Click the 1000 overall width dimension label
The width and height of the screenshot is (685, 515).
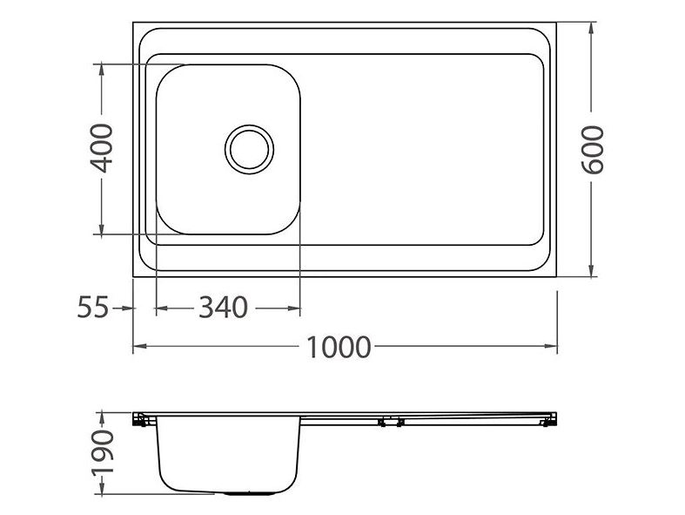point(339,348)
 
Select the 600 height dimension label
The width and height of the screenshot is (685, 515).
point(593,150)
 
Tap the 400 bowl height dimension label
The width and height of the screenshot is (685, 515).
point(101,148)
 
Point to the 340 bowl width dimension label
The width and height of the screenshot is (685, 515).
point(223,308)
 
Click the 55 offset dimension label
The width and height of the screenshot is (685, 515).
point(92,307)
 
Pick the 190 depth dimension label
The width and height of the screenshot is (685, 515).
point(102,452)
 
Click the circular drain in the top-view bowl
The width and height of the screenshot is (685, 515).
point(250,149)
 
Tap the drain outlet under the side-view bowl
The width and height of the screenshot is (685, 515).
point(250,493)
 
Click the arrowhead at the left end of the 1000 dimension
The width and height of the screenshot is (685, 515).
point(139,346)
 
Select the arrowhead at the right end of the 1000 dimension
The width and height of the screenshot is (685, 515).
point(550,346)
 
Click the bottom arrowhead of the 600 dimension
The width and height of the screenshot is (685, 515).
point(591,270)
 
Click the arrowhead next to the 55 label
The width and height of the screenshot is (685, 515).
point(127,308)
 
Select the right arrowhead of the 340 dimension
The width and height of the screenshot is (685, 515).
point(294,308)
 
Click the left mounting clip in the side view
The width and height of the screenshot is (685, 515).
point(139,419)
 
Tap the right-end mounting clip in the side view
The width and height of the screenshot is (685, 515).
point(549,420)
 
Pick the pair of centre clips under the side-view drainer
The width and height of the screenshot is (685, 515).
point(391,422)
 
